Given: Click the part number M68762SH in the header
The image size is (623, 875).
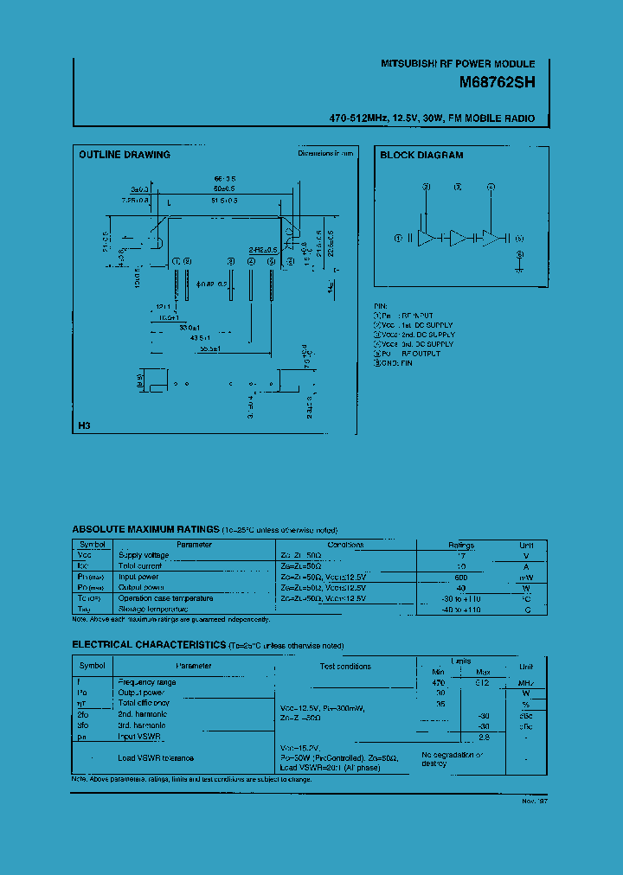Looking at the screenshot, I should pyautogui.click(x=498, y=84).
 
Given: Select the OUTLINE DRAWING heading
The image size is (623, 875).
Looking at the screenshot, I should pyautogui.click(x=125, y=155).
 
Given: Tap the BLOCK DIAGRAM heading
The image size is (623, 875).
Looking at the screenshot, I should pyautogui.click(x=421, y=156).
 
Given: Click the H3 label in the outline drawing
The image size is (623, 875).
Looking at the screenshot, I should pyautogui.click(x=84, y=425).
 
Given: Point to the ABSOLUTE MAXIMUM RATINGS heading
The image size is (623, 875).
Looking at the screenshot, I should pyautogui.click(x=145, y=529).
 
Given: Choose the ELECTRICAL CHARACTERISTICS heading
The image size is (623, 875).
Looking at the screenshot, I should pyautogui.click(x=150, y=645).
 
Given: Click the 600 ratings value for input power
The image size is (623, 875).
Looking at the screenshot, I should pyautogui.click(x=460, y=577).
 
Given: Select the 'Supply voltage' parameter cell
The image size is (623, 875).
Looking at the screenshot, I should pyautogui.click(x=144, y=555).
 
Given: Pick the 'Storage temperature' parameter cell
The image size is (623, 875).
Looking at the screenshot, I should pyautogui.click(x=152, y=609).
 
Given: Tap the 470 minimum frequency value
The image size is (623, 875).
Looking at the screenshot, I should pyautogui.click(x=438, y=682).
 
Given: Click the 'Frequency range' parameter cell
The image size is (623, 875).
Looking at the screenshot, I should pyautogui.click(x=146, y=682).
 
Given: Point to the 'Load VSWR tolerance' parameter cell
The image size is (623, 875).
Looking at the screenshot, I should pyautogui.click(x=156, y=758).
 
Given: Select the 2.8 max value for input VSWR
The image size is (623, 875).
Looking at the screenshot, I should pyautogui.click(x=484, y=737).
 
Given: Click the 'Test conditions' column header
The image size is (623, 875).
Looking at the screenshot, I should pyautogui.click(x=345, y=667).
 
